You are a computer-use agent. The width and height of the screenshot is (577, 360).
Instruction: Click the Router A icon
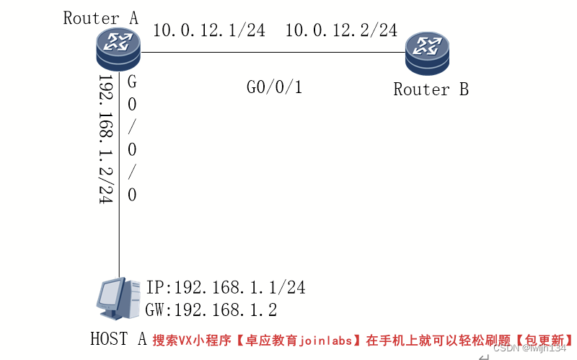[118, 50]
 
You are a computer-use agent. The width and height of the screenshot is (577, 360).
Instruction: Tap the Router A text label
[101, 18]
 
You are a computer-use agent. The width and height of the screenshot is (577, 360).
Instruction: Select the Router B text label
[431, 89]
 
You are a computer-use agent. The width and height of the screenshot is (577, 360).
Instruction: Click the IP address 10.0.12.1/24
[208, 30]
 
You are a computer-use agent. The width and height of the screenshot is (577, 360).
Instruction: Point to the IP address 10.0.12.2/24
[341, 30]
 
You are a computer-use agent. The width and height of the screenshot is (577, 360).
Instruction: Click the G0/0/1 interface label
[274, 88]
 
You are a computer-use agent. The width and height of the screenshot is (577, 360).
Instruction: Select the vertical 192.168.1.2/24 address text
[106, 139]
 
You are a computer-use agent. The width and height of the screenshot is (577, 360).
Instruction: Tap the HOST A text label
[118, 338]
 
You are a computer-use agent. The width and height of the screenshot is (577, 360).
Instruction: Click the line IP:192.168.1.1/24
[226, 288]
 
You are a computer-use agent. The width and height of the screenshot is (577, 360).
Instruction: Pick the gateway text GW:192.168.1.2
[211, 310]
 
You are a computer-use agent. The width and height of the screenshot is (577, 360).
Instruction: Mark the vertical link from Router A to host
[119, 238]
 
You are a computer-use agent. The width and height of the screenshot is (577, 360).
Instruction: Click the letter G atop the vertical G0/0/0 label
[132, 82]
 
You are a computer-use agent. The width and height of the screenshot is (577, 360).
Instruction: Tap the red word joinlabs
[329, 340]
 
